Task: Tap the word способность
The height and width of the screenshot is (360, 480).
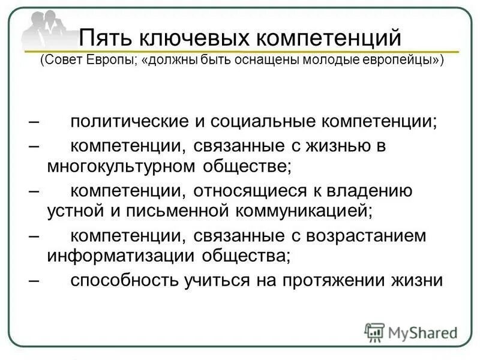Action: coord(122,280)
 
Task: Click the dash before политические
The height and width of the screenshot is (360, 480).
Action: coord(34,121)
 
